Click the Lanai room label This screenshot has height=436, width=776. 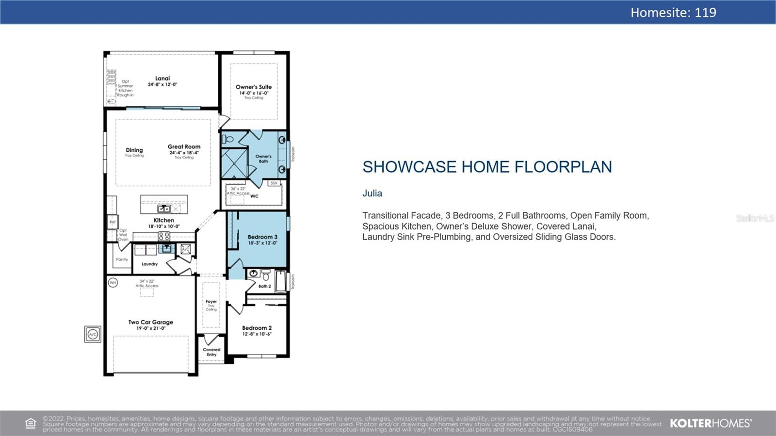click(x=162, y=79)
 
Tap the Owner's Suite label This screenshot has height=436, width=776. click(x=254, y=87)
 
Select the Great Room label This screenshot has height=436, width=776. click(x=184, y=146)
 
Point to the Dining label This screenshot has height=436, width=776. click(x=134, y=150)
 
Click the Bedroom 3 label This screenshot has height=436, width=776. click(x=262, y=237)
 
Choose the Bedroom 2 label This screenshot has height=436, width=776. click(x=257, y=328)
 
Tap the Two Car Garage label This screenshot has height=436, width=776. click(x=150, y=322)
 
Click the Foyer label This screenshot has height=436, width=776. click(x=211, y=302)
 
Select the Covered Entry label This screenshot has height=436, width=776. click(x=211, y=352)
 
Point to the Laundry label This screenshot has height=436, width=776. click(x=149, y=264)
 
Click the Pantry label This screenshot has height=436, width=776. click(x=122, y=259)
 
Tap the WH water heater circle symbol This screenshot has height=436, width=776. click(x=113, y=282)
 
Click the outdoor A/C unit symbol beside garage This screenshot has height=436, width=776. click(x=93, y=334)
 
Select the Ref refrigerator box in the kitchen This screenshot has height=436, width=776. click(x=113, y=222)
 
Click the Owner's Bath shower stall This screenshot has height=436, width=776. click(x=234, y=163)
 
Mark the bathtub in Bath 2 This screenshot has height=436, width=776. click(x=281, y=281)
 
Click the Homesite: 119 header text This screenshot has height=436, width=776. click(x=673, y=13)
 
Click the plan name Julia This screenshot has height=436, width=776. click(x=372, y=194)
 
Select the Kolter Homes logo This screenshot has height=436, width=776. click(x=711, y=423)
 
